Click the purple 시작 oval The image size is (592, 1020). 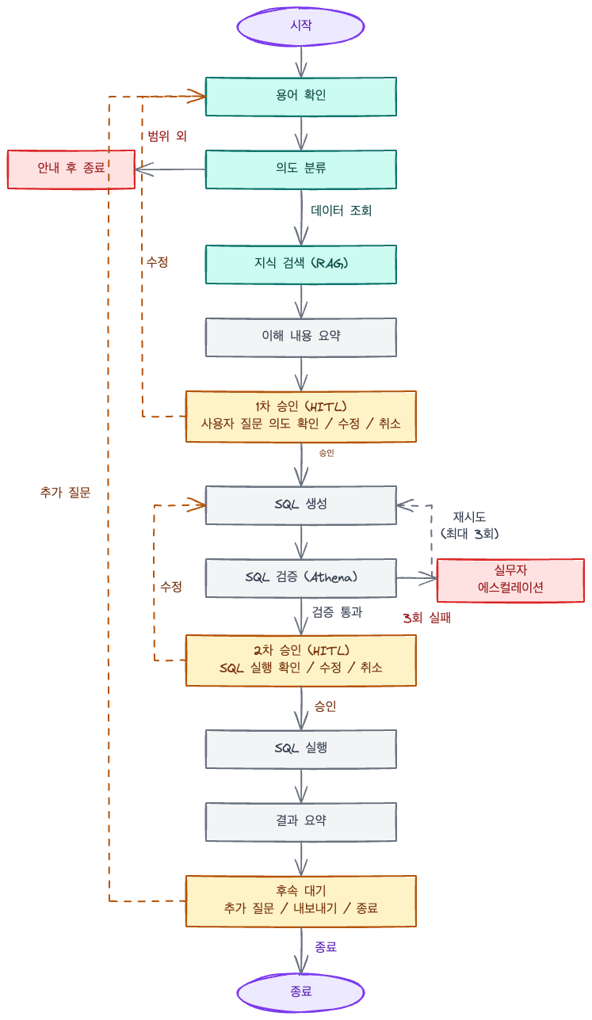[301, 25]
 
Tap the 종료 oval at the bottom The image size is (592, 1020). [301, 991]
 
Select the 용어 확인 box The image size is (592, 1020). [301, 96]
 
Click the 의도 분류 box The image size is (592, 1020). [301, 169]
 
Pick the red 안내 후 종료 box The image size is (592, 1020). [71, 169]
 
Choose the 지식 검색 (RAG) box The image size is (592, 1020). [301, 264]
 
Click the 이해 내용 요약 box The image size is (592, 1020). [301, 337]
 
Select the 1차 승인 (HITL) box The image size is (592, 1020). [301, 416]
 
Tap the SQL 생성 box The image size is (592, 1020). [301, 504]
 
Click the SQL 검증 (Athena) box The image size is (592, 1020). [301, 577]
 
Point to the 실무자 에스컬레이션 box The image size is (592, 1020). [510, 580]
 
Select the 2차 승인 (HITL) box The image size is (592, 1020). [301, 660]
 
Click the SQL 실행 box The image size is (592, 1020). [301, 748]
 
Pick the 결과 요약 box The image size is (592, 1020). [301, 821]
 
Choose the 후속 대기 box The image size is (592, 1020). [301, 900]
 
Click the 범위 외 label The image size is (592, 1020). [167, 135]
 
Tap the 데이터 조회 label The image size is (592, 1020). [342, 211]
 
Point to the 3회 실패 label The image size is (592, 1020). [426, 618]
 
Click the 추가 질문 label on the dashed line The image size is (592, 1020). [65, 492]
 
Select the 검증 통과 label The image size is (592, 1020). [337, 612]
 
